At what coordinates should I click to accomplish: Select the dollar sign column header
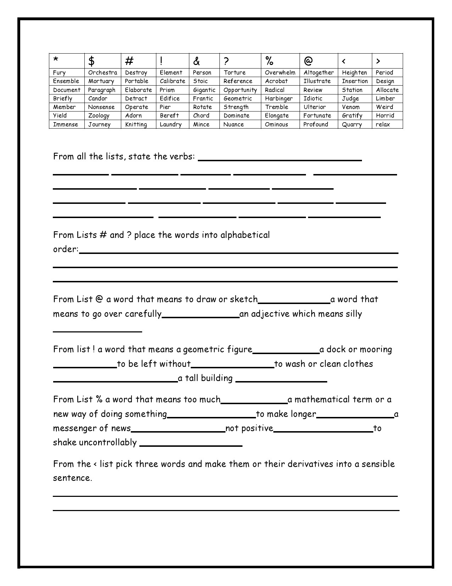coord(91,61)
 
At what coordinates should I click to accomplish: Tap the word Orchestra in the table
coord(102,72)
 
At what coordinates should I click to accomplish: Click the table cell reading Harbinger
coord(279,98)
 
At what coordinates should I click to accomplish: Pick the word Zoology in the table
coord(99,116)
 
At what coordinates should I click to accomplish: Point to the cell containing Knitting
coord(136,125)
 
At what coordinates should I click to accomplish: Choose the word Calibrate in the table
coord(172,81)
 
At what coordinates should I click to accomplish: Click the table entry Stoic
coord(200,81)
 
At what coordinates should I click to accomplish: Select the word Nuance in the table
coord(234,125)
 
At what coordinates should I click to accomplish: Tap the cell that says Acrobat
coord(276,81)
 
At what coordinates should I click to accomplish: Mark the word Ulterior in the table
coord(314,107)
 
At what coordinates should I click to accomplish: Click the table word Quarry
coord(352,125)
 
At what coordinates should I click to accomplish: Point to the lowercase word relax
coord(383,125)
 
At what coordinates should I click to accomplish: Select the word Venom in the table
coord(351,107)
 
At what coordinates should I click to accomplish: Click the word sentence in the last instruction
coord(72,478)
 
